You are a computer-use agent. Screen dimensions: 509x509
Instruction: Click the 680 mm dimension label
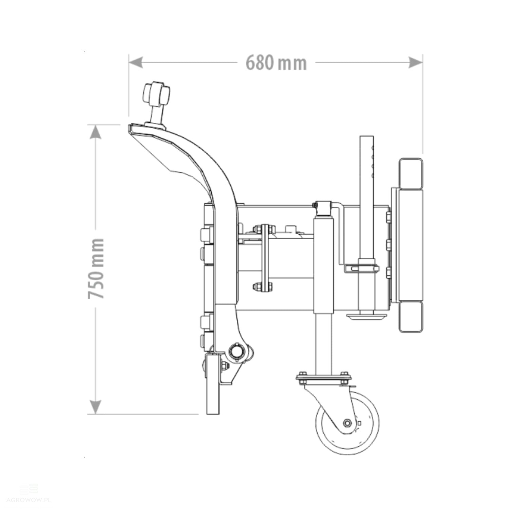[x=276, y=63]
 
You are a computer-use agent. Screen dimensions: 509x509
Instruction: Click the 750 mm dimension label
[x=96, y=268]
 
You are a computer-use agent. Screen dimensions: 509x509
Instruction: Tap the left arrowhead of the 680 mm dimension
[x=136, y=62]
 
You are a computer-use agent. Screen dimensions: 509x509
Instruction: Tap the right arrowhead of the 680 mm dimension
[x=416, y=62]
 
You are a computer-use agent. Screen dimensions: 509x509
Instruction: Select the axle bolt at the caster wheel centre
[x=347, y=423]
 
